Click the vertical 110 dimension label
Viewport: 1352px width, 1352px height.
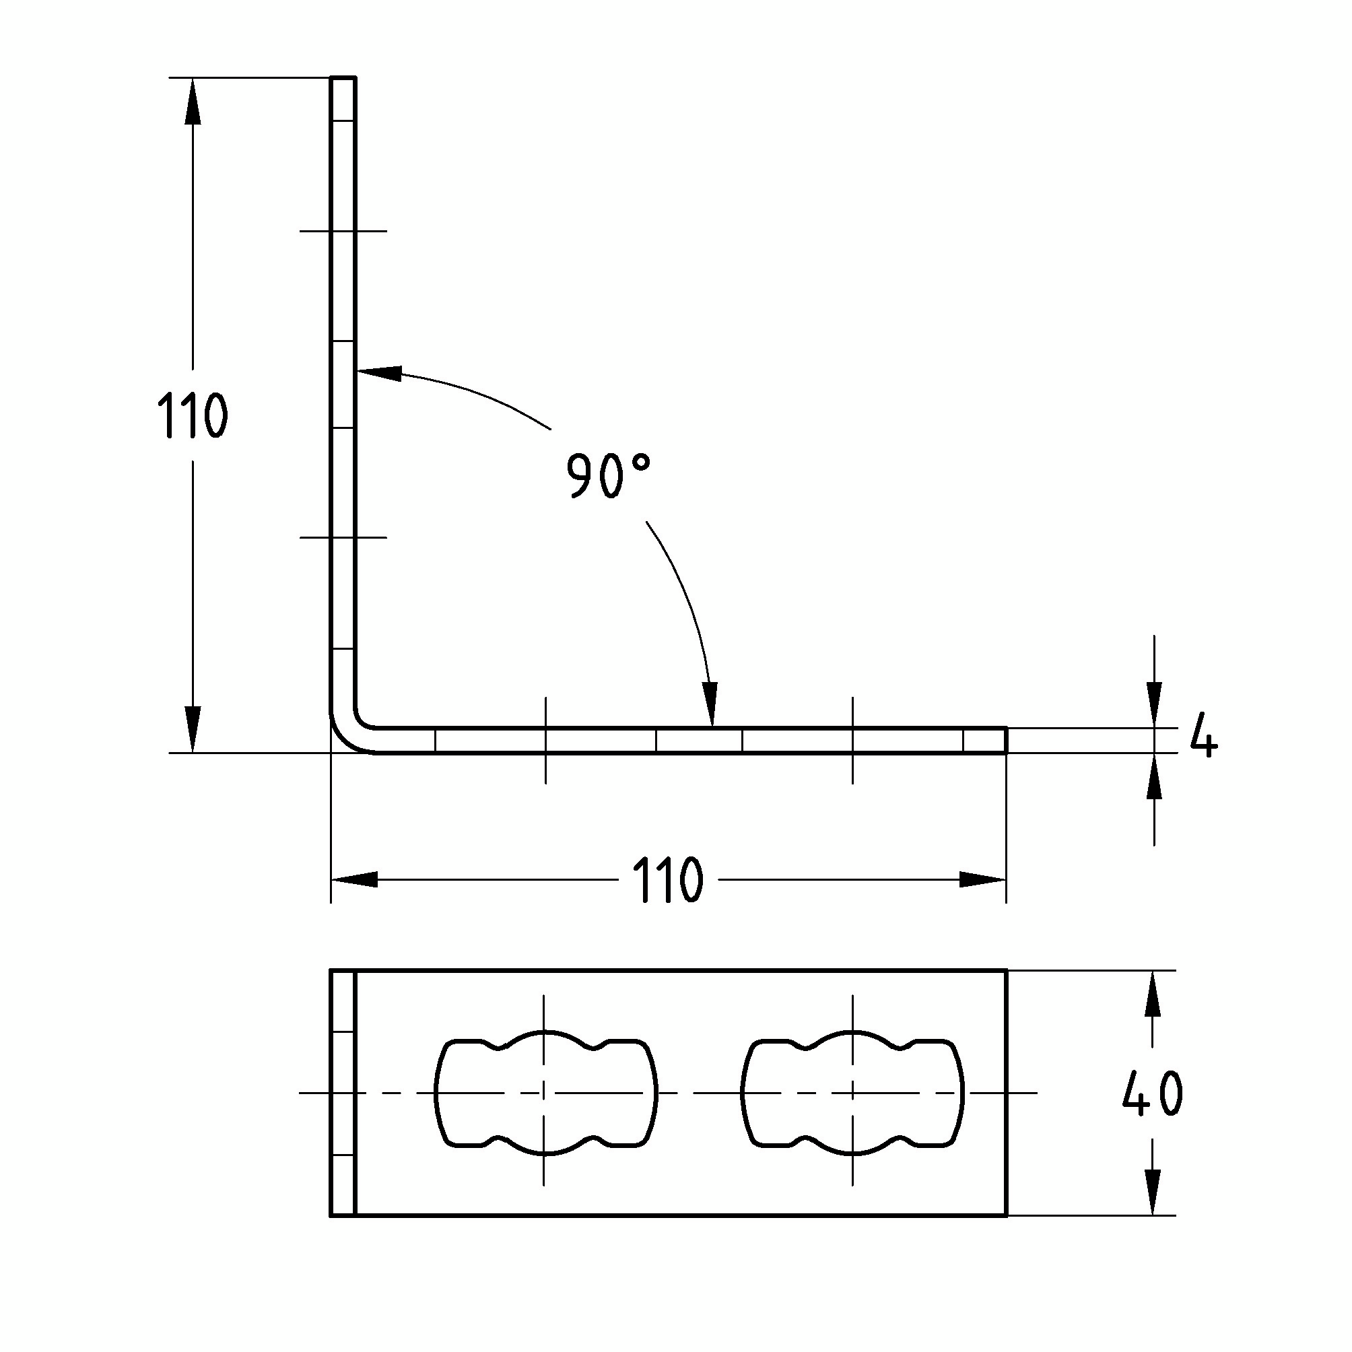[x=192, y=415]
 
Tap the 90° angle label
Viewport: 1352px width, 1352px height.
[x=607, y=475]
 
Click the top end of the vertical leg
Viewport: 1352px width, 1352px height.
[x=343, y=78]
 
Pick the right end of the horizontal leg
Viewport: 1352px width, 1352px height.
[x=1006, y=741]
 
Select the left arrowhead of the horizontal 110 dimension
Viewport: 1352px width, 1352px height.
[x=354, y=879]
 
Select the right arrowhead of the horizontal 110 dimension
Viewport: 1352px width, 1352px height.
[x=982, y=879]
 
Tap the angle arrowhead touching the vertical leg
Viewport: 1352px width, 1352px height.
[x=379, y=373]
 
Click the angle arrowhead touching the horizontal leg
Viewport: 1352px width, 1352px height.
[x=710, y=704]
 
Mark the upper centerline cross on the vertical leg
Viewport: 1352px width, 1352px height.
[x=343, y=231]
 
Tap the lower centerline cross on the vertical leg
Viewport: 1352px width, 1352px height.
[x=343, y=537]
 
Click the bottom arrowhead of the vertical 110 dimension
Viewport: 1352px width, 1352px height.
[x=193, y=730]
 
